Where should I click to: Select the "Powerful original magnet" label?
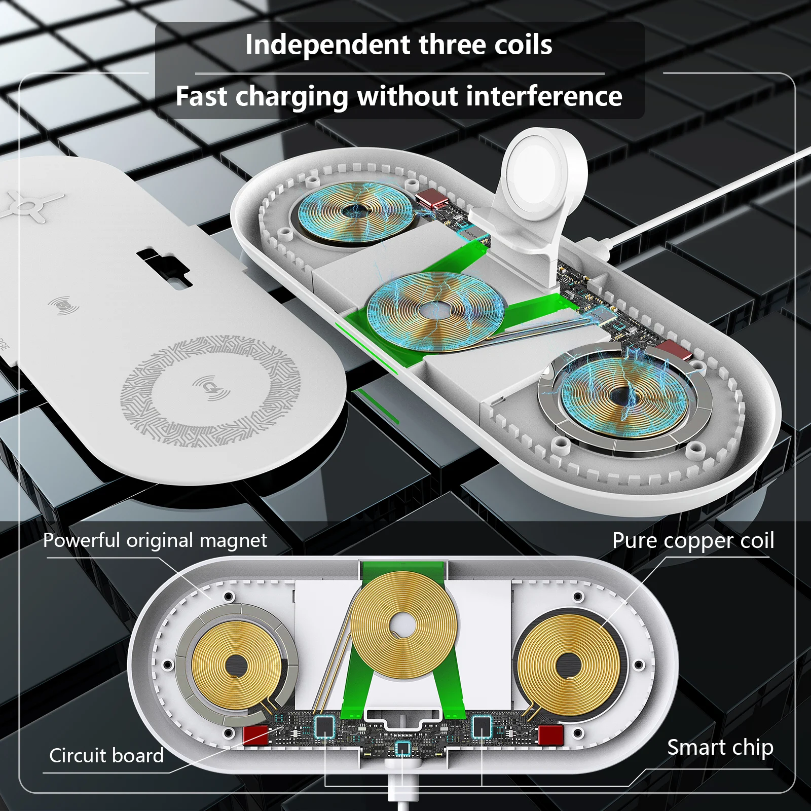tap(155, 541)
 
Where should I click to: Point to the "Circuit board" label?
tap(106, 756)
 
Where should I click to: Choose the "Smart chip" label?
tap(720, 748)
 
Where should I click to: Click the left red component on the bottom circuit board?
tap(255, 734)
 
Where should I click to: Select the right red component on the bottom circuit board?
tap(551, 734)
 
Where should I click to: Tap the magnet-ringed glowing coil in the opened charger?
tap(623, 395)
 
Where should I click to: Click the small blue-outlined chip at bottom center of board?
tap(402, 748)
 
